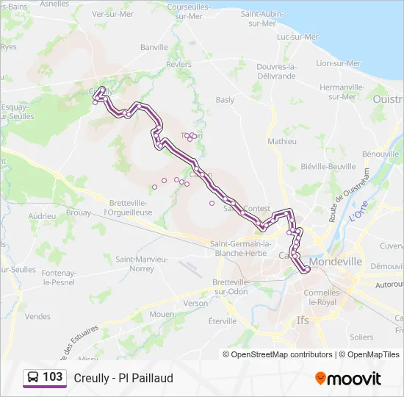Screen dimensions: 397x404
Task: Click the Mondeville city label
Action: pos(336,261)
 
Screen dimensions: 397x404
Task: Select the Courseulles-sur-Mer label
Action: pos(184,11)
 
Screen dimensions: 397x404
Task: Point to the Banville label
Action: pos(154,47)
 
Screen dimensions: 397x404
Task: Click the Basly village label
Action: pos(225,99)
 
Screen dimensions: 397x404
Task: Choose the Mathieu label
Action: pos(282,140)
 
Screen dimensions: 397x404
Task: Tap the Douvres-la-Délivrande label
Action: pos(275,71)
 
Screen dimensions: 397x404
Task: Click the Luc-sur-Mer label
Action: pos(297,37)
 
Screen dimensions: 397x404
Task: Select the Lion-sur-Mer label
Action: pos(337,63)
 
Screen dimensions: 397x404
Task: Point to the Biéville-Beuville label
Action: pos(328,167)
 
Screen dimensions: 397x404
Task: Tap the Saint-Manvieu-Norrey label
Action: pos(141,264)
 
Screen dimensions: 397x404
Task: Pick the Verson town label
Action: pos(196,303)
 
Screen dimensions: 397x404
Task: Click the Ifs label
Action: pos(303,321)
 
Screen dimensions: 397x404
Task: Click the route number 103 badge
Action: pos(53,377)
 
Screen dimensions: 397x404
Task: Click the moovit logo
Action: pos(348,379)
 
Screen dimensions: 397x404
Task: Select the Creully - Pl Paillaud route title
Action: pos(123,378)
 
